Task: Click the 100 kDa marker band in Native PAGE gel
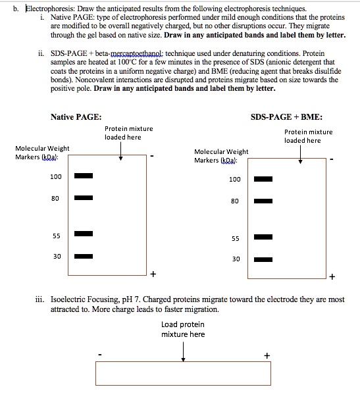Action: [x=83, y=176]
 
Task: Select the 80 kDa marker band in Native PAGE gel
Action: [x=83, y=197]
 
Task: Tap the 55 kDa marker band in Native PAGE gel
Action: [x=83, y=234]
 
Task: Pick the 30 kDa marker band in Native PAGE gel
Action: [x=83, y=257]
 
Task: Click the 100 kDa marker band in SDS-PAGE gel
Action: [x=263, y=179]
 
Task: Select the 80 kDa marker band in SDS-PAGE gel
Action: [x=263, y=202]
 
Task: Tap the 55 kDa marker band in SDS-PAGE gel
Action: [x=263, y=238]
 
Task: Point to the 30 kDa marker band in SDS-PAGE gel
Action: [x=263, y=259]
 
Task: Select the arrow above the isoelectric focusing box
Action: [x=183, y=351]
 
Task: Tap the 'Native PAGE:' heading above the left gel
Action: [x=76, y=116]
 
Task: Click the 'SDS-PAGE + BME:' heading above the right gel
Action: [x=286, y=116]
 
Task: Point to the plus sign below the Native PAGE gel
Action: [x=153, y=272]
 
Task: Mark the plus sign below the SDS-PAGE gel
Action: [x=332, y=276]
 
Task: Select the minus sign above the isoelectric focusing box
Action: [x=99, y=355]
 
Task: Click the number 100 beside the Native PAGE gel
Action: [x=56, y=176]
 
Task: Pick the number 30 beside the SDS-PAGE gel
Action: [x=235, y=259]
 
